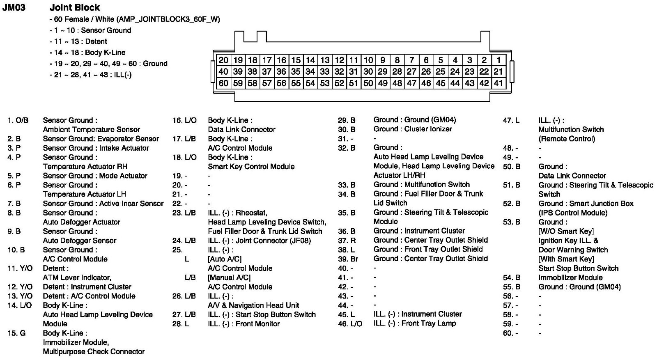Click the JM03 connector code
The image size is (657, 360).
[14, 7]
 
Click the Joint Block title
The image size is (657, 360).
[74, 7]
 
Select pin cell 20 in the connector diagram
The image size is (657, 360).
[223, 60]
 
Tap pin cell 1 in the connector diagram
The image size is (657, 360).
[498, 60]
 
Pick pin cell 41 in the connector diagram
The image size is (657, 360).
[498, 83]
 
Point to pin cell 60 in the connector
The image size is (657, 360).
[223, 83]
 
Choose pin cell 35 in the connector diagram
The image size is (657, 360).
[296, 71]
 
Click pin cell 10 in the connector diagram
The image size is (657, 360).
[368, 60]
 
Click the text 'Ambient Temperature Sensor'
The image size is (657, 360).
[91, 129]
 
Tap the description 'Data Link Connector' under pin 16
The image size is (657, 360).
[241, 129]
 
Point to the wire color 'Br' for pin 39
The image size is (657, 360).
[354, 259]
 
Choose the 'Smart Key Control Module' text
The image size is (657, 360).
[251, 166]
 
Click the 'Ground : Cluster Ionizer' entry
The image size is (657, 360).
[412, 129]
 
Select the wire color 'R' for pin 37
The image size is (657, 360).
[353, 240]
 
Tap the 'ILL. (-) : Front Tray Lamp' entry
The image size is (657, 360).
[414, 323]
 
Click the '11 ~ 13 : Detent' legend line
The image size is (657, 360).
[80, 41]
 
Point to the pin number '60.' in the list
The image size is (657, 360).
[508, 333]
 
